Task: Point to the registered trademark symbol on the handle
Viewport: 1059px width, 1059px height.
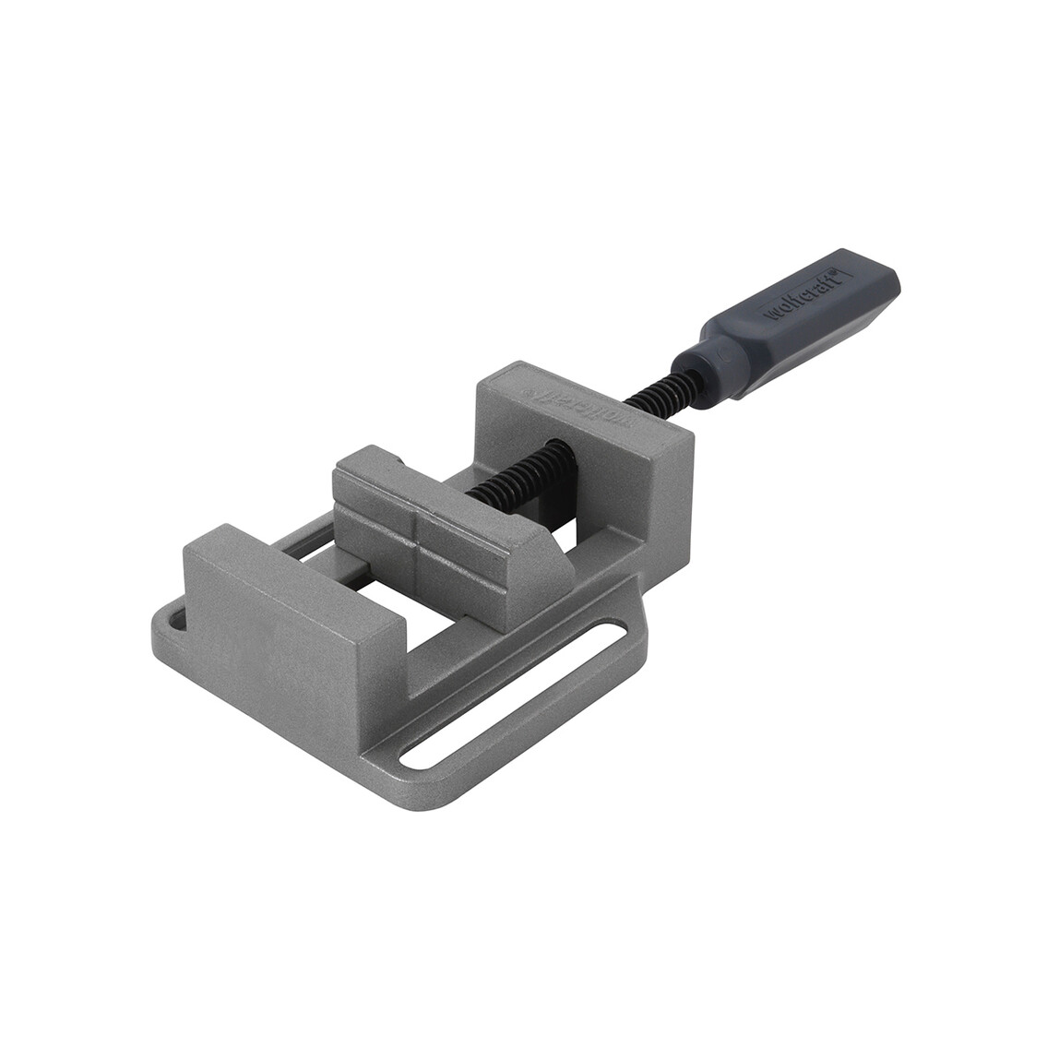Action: pos(828,274)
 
